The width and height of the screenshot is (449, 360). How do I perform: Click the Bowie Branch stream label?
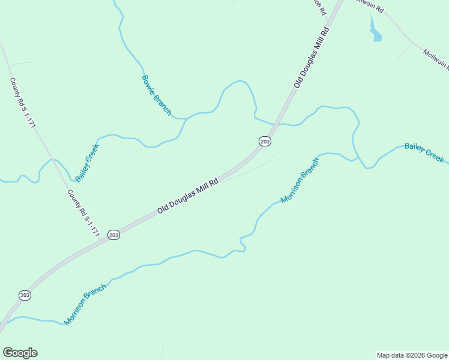click(157, 95)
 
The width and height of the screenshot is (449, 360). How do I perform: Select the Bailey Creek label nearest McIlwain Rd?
click(424, 152)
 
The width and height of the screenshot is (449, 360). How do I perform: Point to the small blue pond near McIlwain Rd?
click(376, 34)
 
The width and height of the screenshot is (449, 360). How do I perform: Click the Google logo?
click(20, 353)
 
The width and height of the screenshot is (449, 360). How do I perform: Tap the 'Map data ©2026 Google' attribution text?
click(412, 355)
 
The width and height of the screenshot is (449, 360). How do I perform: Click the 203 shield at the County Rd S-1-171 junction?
click(113, 235)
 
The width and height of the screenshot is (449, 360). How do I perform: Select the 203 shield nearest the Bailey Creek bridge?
click(265, 141)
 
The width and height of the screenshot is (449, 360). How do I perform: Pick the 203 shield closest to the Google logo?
click(25, 295)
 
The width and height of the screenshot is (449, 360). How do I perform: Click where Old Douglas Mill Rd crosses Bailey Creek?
click(276, 124)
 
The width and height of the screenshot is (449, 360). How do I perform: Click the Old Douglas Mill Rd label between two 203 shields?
click(187, 196)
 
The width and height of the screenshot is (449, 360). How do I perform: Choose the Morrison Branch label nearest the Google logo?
click(85, 304)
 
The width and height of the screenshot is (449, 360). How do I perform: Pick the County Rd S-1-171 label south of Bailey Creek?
click(83, 213)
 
